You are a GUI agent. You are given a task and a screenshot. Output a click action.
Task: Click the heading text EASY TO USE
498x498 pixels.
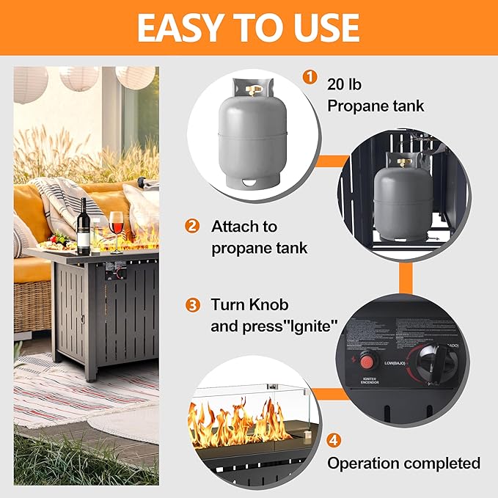point(248,28)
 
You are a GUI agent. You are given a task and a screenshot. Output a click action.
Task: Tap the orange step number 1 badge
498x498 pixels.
point(311,76)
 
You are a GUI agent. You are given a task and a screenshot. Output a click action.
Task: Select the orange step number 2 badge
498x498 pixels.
point(192,226)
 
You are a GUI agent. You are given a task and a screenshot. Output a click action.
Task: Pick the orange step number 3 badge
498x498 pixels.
point(192,304)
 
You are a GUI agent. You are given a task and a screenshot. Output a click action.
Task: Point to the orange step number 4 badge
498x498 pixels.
point(334,440)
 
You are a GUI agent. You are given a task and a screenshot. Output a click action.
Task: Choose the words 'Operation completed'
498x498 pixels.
point(403,463)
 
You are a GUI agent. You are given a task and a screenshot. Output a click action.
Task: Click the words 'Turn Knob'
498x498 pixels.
point(249,304)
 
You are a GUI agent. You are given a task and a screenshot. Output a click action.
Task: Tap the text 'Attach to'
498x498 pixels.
point(244,226)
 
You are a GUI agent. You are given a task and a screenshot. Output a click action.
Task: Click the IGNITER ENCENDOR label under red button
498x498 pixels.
point(368,381)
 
